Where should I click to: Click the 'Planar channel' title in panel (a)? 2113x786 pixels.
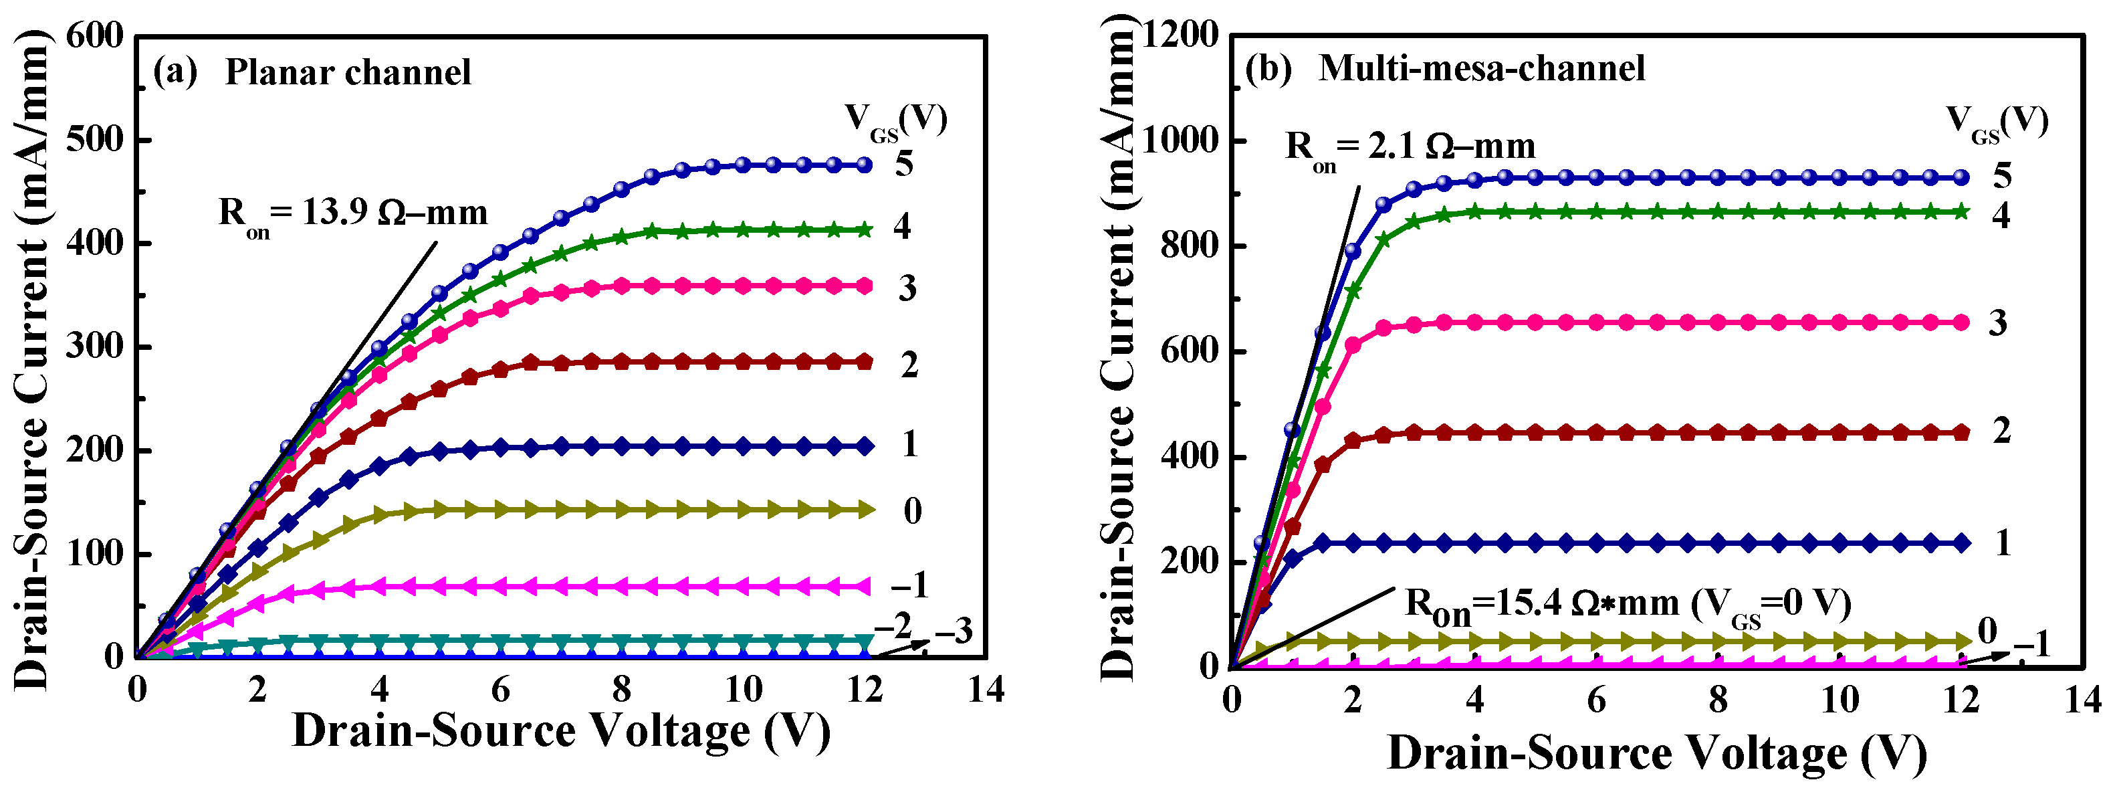[x=348, y=73]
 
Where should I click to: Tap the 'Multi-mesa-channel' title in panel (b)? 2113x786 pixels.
[x=1481, y=69]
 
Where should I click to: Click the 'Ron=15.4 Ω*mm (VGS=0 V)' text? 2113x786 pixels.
[x=1628, y=605]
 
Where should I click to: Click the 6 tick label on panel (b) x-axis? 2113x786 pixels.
[x=1595, y=700]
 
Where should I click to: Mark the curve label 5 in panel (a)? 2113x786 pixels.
[x=904, y=164]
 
